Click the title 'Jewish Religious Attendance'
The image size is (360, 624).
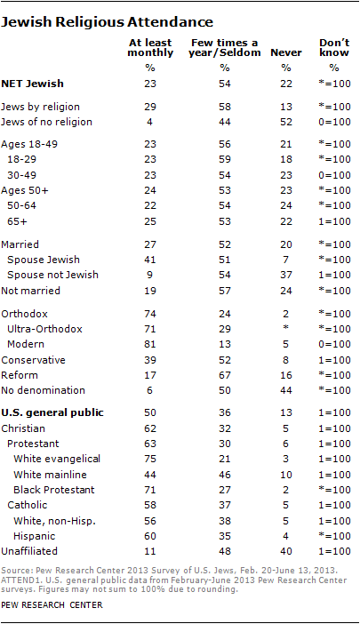(107, 22)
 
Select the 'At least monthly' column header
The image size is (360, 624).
(150, 48)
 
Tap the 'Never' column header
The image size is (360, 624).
(286, 52)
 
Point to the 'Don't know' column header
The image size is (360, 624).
(334, 48)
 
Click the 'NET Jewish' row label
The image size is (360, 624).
(33, 84)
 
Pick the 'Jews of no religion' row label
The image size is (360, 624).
(46, 122)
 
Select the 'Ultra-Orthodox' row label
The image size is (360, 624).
(44, 329)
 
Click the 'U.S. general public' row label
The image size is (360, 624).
(52, 412)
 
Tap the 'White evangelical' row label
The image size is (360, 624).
(57, 459)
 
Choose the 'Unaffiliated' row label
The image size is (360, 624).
(29, 551)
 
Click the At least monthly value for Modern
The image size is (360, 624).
(150, 344)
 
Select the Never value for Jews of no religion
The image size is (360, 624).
(286, 122)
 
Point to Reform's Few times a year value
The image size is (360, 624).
(225, 375)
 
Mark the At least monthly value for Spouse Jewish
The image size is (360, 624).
(150, 260)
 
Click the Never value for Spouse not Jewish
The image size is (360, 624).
(286, 275)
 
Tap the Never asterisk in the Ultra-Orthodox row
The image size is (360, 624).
(286, 328)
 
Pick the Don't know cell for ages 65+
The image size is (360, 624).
(334, 221)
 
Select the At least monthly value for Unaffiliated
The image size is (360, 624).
(150, 552)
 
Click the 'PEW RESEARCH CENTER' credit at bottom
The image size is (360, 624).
(52, 605)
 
